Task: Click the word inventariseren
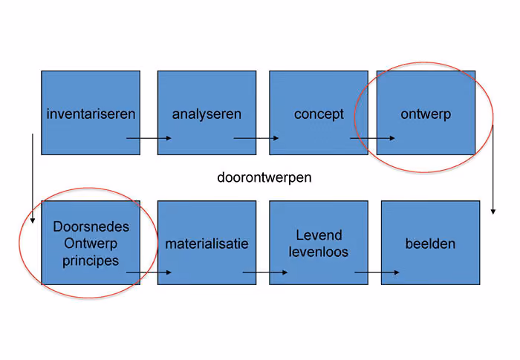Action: click(91, 114)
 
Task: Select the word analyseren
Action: click(207, 114)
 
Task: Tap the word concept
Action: click(319, 114)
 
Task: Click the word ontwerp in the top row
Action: click(426, 114)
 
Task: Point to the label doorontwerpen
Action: click(264, 178)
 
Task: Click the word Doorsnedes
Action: click(91, 226)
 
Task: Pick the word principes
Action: click(91, 261)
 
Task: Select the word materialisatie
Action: click(207, 244)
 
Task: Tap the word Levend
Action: click(319, 235)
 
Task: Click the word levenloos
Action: click(319, 252)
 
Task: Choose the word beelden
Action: click(430, 244)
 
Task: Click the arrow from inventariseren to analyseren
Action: click(149, 138)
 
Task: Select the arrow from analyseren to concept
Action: click(256, 138)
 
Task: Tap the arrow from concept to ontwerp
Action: click(372, 138)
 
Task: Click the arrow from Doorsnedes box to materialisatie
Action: click(149, 272)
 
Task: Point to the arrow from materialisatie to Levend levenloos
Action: click(265, 272)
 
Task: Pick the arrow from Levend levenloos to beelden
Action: click(377, 272)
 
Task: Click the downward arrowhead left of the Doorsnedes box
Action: click(33, 220)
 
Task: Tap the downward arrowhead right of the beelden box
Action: click(493, 212)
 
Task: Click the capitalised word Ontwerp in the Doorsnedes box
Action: click(91, 244)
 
